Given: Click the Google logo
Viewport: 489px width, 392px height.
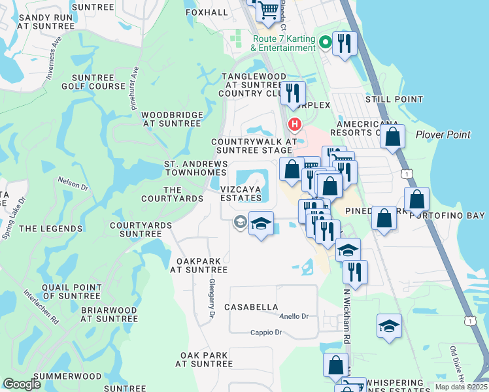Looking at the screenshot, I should [22, 384].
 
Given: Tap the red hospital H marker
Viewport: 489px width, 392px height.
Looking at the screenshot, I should [295, 123].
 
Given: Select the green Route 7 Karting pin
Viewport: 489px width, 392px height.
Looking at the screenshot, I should [326, 43].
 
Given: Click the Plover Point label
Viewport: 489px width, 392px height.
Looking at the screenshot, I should [443, 135].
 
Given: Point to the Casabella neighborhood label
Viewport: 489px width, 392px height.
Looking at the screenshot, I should [251, 306].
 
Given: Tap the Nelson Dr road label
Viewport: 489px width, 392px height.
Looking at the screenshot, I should [73, 184].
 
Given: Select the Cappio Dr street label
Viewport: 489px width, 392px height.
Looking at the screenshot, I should [266, 333].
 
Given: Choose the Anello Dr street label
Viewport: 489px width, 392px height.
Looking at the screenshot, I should [294, 317].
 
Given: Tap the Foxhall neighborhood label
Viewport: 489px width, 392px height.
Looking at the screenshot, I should [207, 12].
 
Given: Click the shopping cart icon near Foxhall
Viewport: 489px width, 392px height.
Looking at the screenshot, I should [268, 11].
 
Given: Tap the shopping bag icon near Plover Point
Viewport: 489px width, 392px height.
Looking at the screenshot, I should [392, 137].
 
